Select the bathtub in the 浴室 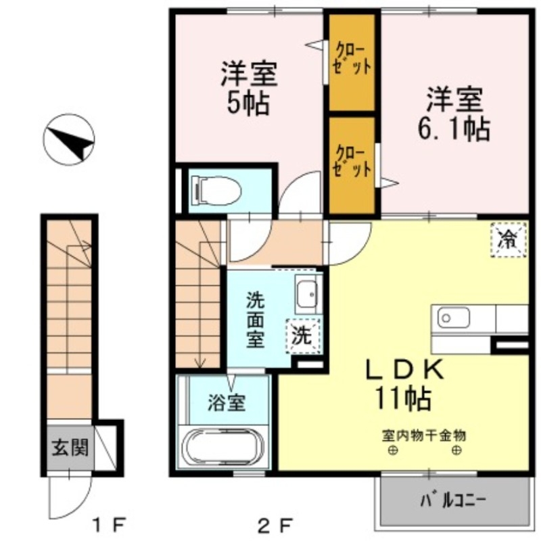pyautogui.click(x=221, y=447)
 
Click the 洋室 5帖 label pyautogui.click(x=249, y=88)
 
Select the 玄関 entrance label pyautogui.click(x=70, y=446)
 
